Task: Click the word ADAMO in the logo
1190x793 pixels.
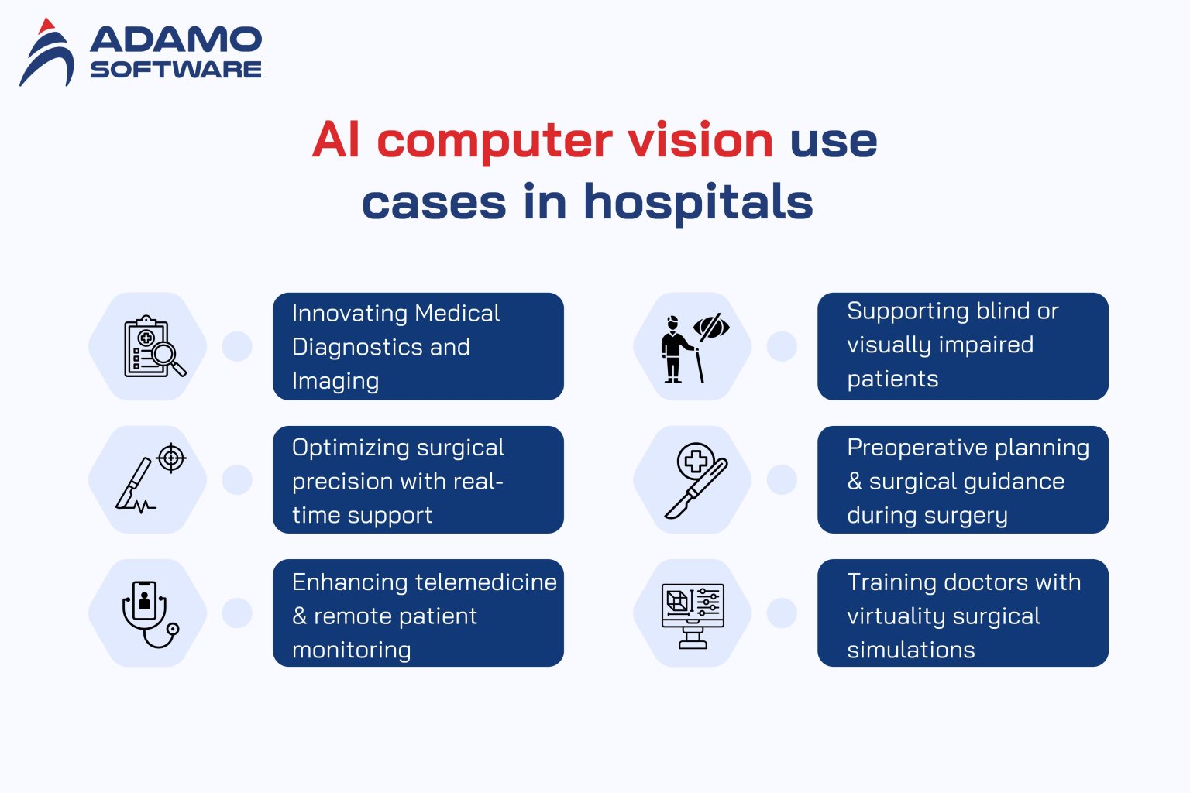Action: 176,39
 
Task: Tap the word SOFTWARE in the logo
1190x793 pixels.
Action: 176,70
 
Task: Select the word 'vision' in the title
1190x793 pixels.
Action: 700,140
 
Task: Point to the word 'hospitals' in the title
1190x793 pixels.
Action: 698,202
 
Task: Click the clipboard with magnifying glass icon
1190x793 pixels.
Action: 154,346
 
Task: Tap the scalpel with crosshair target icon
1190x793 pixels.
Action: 151,479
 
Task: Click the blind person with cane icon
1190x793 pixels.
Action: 693,347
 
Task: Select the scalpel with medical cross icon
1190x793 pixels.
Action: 695,480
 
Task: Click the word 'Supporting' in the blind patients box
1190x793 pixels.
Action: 904,311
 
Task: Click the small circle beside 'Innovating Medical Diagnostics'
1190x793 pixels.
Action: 237,346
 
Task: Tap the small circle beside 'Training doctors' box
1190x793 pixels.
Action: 782,613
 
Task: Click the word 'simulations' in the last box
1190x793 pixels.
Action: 910,650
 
